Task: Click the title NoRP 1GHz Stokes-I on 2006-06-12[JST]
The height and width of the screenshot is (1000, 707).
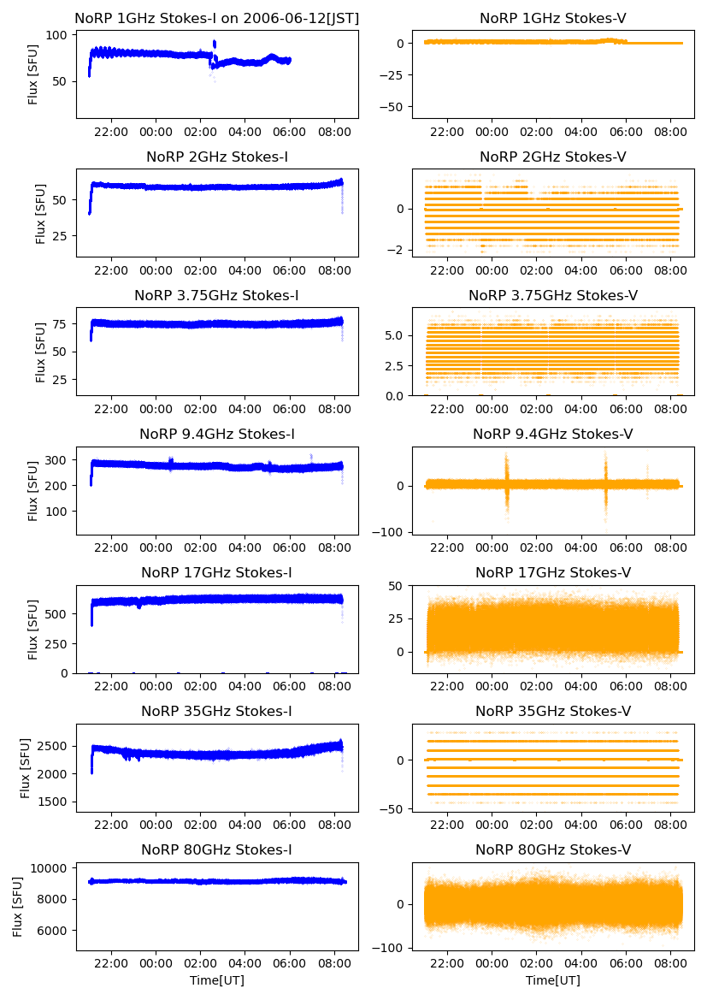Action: click(x=217, y=18)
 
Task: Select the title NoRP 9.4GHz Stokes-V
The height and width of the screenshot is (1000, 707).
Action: click(x=553, y=435)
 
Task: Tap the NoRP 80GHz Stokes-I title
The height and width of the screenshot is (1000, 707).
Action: click(x=217, y=849)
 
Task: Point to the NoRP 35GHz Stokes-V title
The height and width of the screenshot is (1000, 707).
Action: click(x=553, y=711)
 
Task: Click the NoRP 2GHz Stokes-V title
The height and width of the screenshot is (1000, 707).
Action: click(x=553, y=157)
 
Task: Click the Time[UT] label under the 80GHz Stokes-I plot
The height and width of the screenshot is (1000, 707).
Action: click(x=217, y=980)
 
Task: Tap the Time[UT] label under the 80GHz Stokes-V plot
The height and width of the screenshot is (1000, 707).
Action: click(x=553, y=980)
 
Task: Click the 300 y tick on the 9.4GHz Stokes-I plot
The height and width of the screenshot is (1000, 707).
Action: click(x=57, y=460)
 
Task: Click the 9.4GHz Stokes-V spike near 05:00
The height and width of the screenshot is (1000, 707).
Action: click(x=606, y=484)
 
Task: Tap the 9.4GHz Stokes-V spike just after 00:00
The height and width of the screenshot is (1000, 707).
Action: click(x=506, y=484)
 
